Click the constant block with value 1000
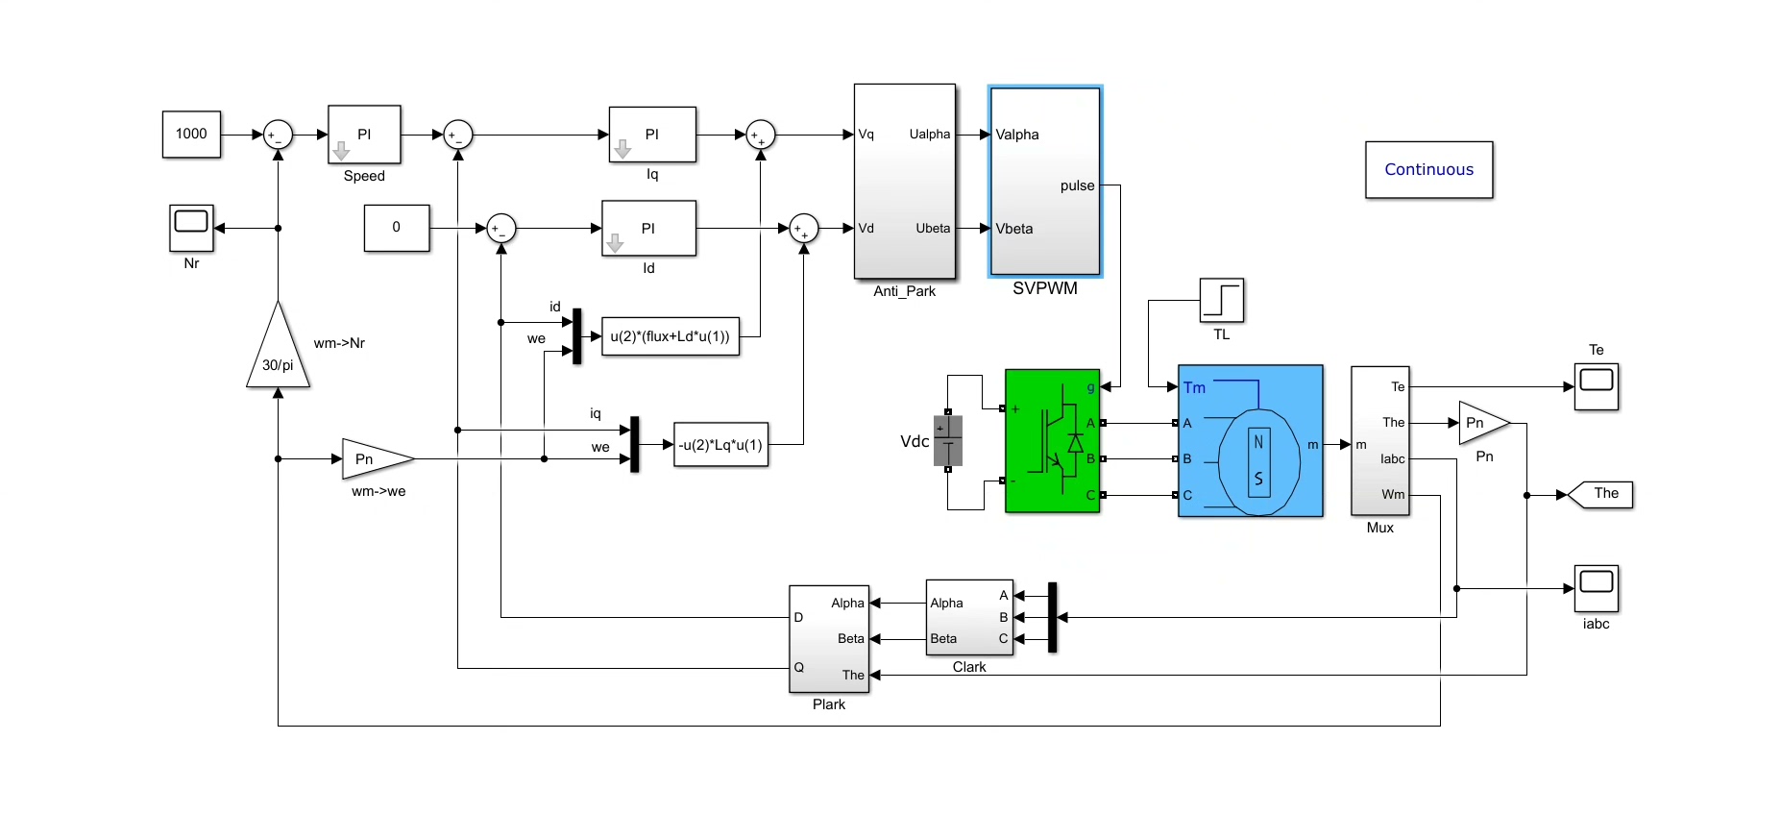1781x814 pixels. (x=191, y=134)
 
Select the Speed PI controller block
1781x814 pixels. (x=364, y=135)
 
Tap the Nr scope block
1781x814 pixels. (x=191, y=228)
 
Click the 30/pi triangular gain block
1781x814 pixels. (x=278, y=356)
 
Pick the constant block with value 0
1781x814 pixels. (x=396, y=228)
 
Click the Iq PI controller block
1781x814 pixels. (x=652, y=135)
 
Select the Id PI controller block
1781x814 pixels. (x=648, y=228)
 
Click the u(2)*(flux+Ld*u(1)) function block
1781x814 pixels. (x=671, y=336)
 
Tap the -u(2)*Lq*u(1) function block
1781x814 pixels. (x=720, y=445)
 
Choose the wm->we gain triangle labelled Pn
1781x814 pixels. (x=373, y=459)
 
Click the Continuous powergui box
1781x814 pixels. (x=1428, y=170)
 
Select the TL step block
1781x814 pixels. (x=1221, y=300)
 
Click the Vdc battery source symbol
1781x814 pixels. (x=947, y=441)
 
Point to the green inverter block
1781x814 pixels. (x=1052, y=441)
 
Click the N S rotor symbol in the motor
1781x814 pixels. (x=1258, y=460)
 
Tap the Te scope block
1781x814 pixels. (x=1596, y=386)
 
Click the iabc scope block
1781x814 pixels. (x=1596, y=588)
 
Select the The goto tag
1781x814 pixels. (x=1602, y=494)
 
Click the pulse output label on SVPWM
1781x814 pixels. (x=1077, y=185)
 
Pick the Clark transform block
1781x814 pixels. (x=968, y=617)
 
